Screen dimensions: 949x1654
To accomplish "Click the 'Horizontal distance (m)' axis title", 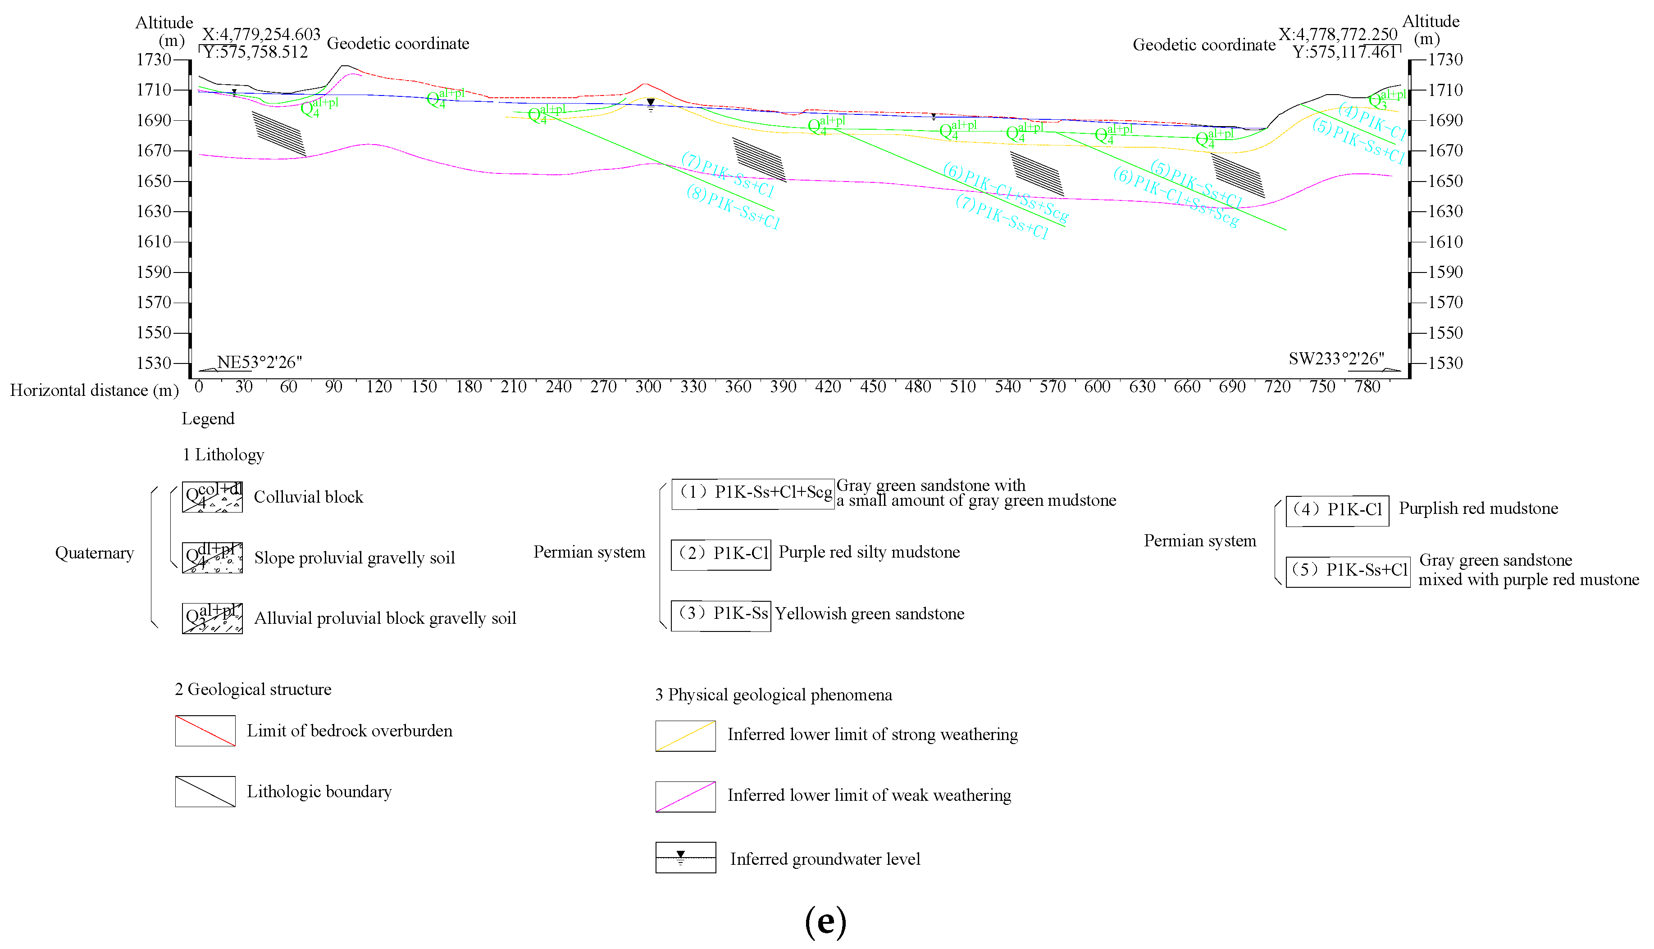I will (x=95, y=390).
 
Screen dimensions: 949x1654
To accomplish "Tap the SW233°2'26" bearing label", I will (x=1336, y=359).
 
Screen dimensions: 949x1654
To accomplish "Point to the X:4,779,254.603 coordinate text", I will (x=261, y=34).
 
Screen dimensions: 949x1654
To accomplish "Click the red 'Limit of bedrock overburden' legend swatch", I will (x=205, y=731).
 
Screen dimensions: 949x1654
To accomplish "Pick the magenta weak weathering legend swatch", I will (x=685, y=796).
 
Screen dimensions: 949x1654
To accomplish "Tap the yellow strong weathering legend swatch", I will (x=685, y=736).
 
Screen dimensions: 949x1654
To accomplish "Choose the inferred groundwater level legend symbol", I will (x=685, y=857).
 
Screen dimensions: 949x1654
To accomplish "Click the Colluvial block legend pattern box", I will (x=213, y=497).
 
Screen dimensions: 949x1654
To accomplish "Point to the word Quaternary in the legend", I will (x=95, y=554).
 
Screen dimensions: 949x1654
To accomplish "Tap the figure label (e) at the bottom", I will (x=825, y=922).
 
